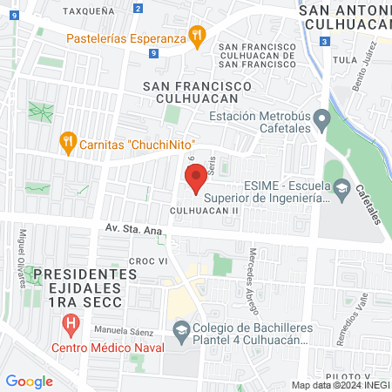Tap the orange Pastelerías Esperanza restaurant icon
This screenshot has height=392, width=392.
tap(198, 37)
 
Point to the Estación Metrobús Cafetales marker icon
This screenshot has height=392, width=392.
tap(321, 117)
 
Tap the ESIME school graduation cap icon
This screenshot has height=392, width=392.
tap(341, 186)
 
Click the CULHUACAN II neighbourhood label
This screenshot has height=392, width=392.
tap(204, 210)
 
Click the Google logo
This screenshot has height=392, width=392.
tap(29, 381)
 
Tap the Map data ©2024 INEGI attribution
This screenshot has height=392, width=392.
tap(339, 385)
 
